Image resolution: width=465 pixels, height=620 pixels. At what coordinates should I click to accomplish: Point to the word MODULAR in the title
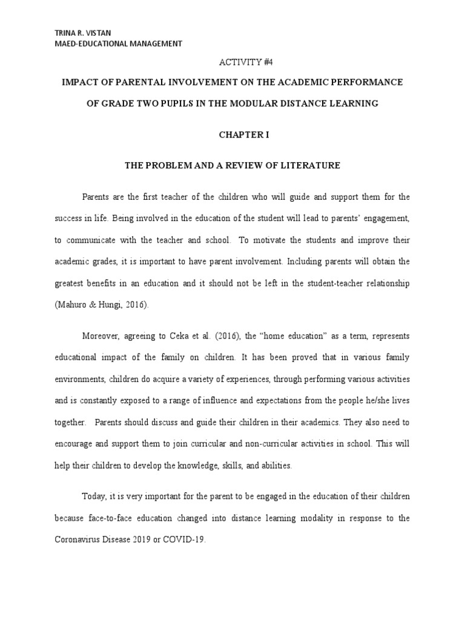coord(262,104)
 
